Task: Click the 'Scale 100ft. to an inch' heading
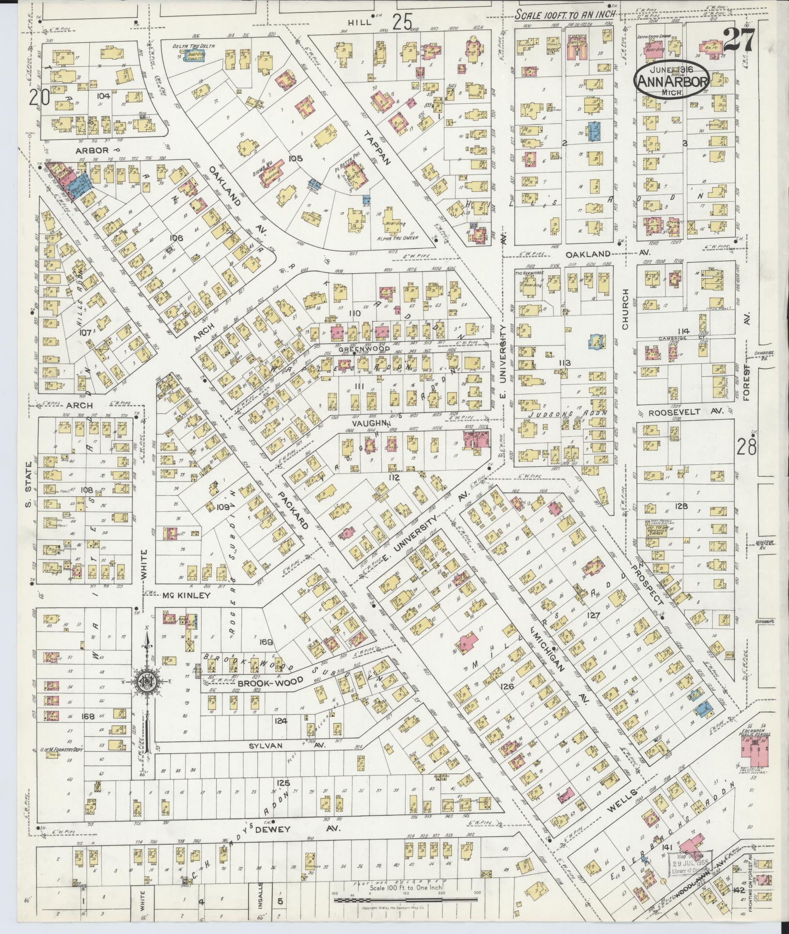tap(565, 15)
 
